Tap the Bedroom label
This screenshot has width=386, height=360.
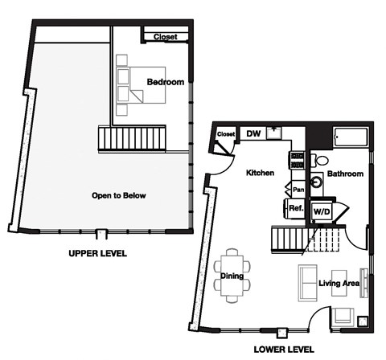[x=166, y=82]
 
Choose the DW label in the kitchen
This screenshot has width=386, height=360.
[x=253, y=134]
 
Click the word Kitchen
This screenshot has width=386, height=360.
[x=260, y=173]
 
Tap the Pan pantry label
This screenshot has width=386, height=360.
[x=298, y=190]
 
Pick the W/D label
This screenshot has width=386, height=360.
[x=322, y=211]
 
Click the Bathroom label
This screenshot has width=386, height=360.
[x=345, y=174]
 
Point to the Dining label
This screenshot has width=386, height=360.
[x=232, y=276]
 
